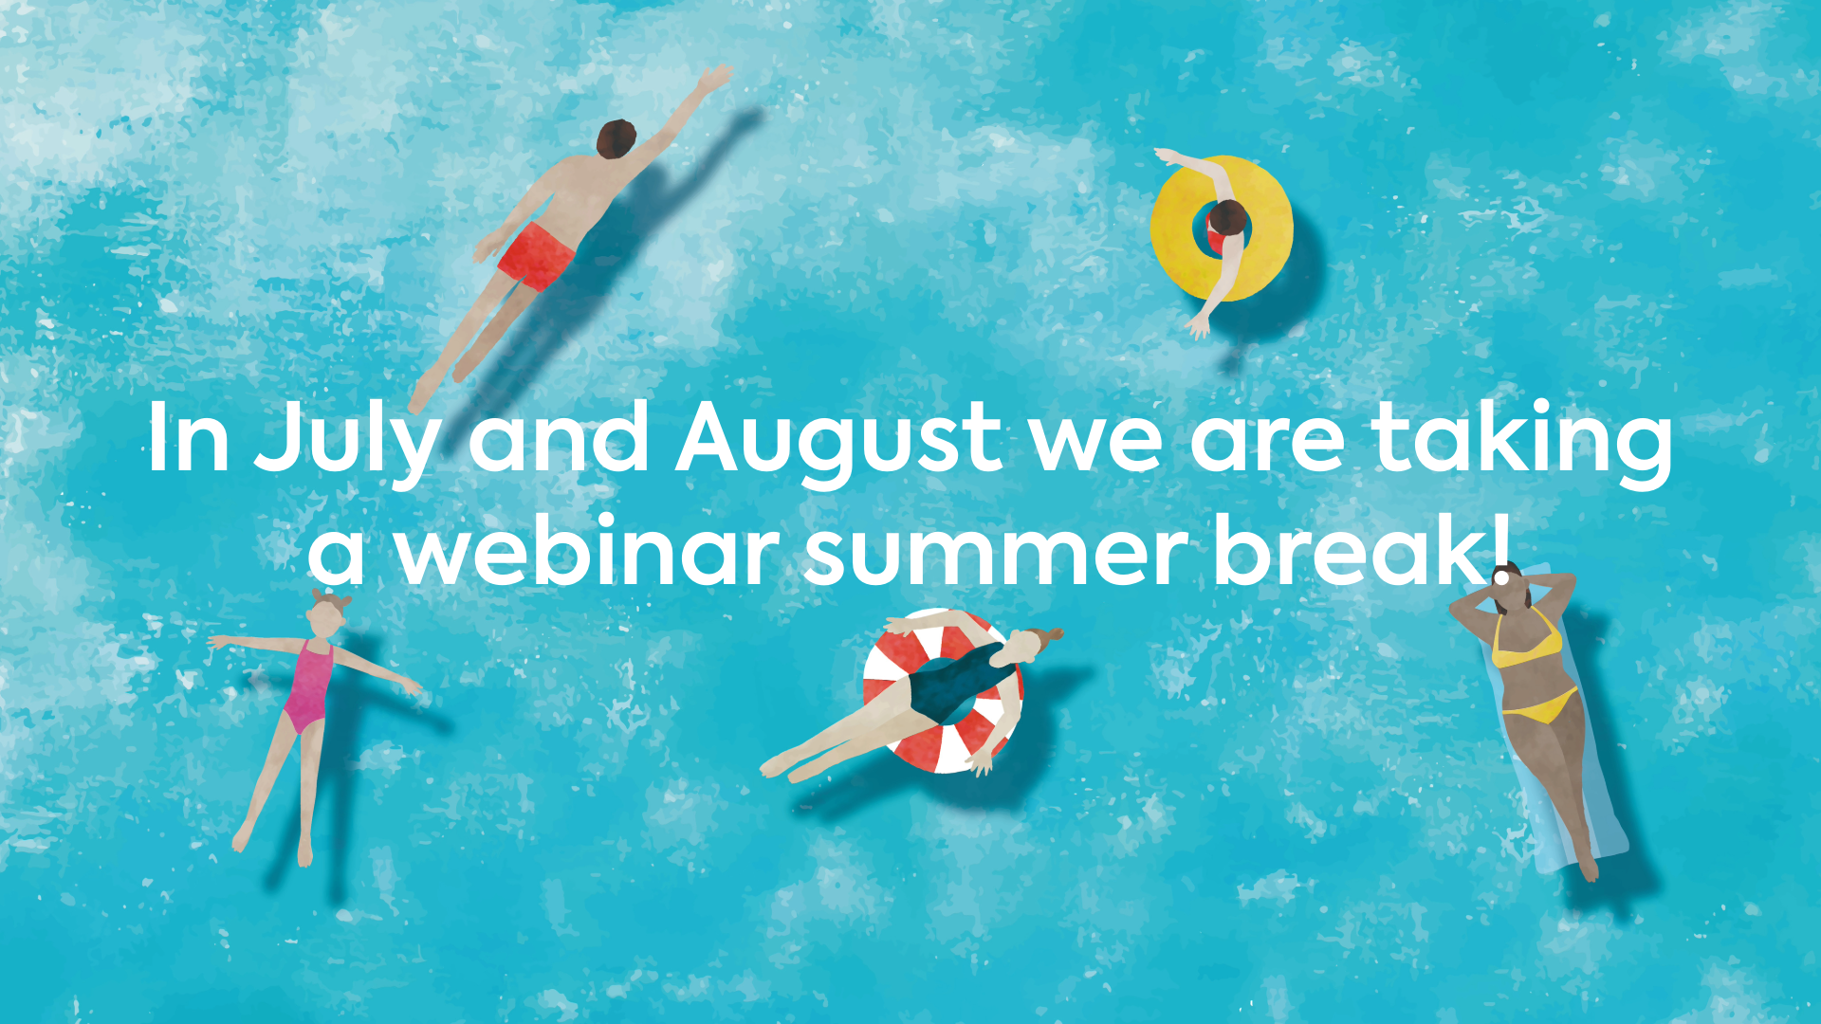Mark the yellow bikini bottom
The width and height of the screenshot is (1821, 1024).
click(1542, 706)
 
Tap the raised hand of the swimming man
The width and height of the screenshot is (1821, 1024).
click(713, 79)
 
